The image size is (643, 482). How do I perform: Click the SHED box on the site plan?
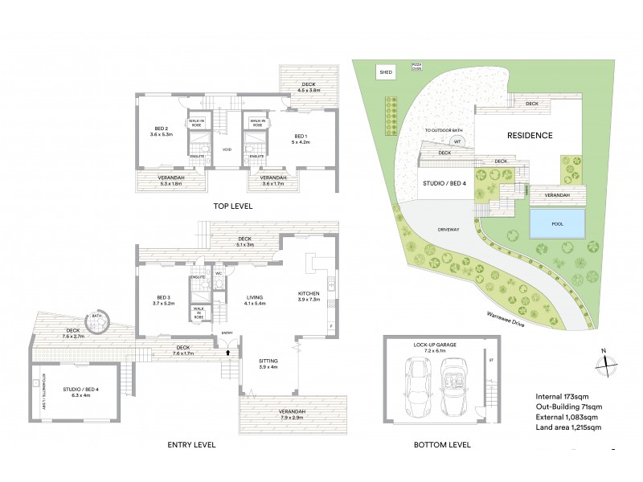point(386,73)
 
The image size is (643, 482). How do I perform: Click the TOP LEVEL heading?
point(233,206)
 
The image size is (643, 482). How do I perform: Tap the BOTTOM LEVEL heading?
point(444,444)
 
